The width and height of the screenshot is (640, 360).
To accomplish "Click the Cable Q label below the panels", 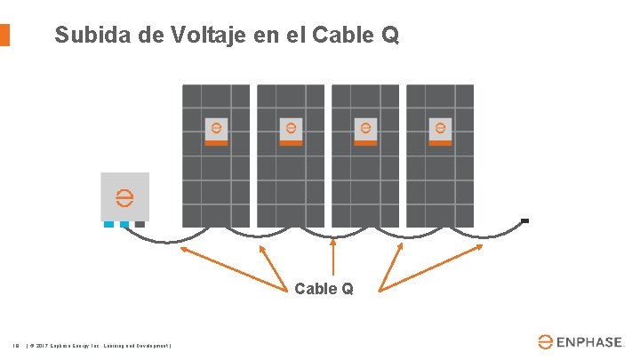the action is coord(324,288).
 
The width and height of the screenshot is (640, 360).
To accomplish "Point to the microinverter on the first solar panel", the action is coord(216,132).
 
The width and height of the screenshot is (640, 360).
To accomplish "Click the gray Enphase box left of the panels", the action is coord(124,196).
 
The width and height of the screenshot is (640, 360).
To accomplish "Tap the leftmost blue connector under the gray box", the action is coord(109,225).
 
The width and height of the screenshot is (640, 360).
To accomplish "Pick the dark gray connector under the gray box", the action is coord(140,225).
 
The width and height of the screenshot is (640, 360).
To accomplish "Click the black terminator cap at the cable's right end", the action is coord(525,220).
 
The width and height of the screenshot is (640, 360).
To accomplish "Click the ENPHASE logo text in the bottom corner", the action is coord(592,341).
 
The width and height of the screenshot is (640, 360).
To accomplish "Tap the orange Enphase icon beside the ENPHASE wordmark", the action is coord(546,341).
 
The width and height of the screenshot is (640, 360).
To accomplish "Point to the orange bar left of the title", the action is coord(4,35).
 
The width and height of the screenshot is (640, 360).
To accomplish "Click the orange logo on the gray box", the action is coord(124,196).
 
